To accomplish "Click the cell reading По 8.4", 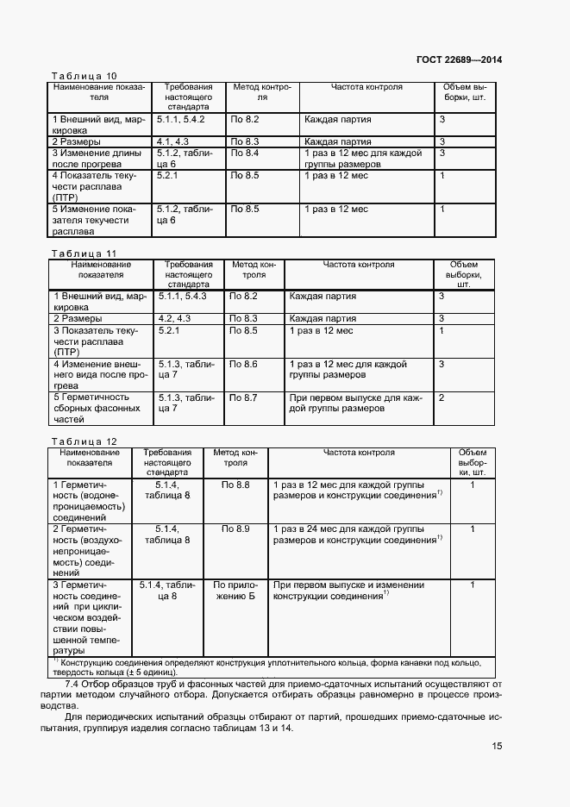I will (x=245, y=153).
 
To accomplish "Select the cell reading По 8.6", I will (x=244, y=365).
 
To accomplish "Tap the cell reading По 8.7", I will (x=244, y=397).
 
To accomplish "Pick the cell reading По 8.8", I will (x=235, y=485).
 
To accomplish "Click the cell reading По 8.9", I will (x=235, y=528).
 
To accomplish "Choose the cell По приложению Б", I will (x=235, y=591).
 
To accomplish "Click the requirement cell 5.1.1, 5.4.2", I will (x=180, y=118).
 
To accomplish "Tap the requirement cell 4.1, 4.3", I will (x=172, y=141).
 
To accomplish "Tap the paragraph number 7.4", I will (x=74, y=684).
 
